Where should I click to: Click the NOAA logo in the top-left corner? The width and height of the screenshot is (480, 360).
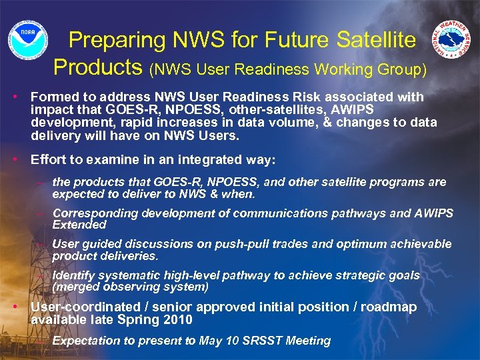point(27,39)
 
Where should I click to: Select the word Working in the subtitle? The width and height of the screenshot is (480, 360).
point(345,69)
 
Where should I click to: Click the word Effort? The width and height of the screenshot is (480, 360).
point(49,159)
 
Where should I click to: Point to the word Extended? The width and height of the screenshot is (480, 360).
point(79,225)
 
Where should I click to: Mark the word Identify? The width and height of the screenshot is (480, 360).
point(73,275)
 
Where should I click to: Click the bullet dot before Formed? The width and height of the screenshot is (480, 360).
point(15,97)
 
